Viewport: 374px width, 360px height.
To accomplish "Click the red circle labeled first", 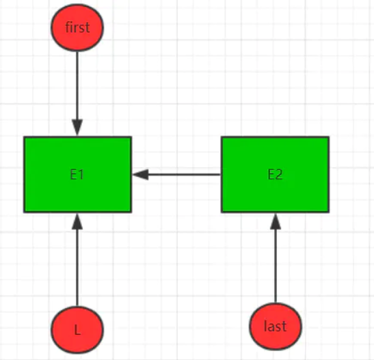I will [x=77, y=28].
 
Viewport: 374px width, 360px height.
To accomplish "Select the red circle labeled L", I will [x=77, y=329].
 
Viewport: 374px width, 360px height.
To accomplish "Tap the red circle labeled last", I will [x=275, y=327].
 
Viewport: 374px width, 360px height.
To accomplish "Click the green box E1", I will [x=77, y=174].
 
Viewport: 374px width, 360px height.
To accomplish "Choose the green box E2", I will [x=275, y=174].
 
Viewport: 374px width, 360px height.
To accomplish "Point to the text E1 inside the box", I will [x=77, y=174].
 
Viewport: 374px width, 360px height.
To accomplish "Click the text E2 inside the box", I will [x=275, y=174].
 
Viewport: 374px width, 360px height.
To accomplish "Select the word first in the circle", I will [x=77, y=28].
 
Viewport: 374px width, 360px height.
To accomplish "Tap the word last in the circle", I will [x=275, y=327].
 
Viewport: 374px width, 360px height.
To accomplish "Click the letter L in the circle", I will [x=77, y=329].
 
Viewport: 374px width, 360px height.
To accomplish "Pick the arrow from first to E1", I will [x=77, y=89].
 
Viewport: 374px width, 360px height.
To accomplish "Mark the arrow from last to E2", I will [x=276, y=263].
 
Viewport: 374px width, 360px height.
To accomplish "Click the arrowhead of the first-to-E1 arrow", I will [x=77, y=128].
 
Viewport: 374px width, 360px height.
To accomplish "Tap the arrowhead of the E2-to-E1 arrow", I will [x=140, y=174].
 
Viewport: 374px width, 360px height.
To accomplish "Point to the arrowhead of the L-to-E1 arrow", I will [x=77, y=221].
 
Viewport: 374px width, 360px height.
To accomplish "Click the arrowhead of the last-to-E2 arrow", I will [x=276, y=221].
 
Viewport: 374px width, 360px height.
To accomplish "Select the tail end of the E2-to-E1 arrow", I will [x=219, y=174].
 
